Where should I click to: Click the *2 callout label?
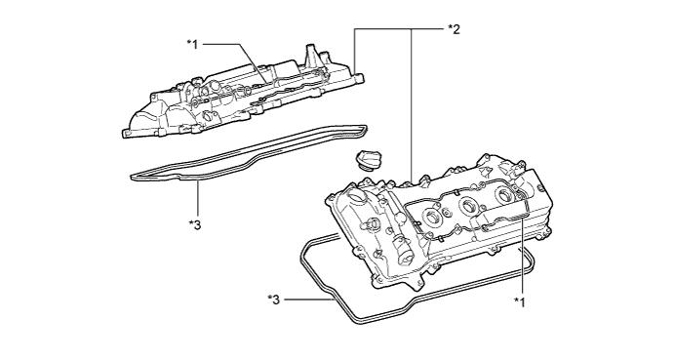[x=454, y=29]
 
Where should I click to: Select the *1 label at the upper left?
[x=192, y=44]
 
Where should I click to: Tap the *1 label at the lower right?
[x=520, y=301]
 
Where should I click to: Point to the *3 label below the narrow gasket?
[x=195, y=224]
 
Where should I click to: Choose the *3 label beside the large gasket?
[x=273, y=300]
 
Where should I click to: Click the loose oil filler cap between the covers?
[x=365, y=160]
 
